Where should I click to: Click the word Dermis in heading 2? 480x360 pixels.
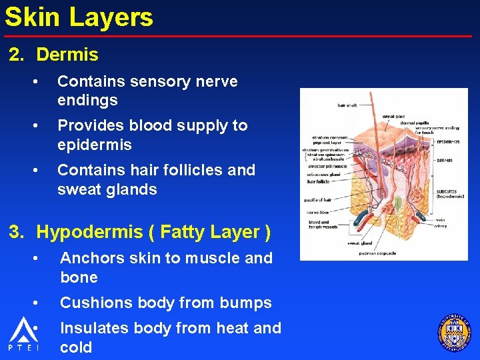(x=67, y=55)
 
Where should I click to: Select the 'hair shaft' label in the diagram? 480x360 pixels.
(x=347, y=105)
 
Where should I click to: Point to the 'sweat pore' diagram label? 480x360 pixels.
(x=393, y=117)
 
